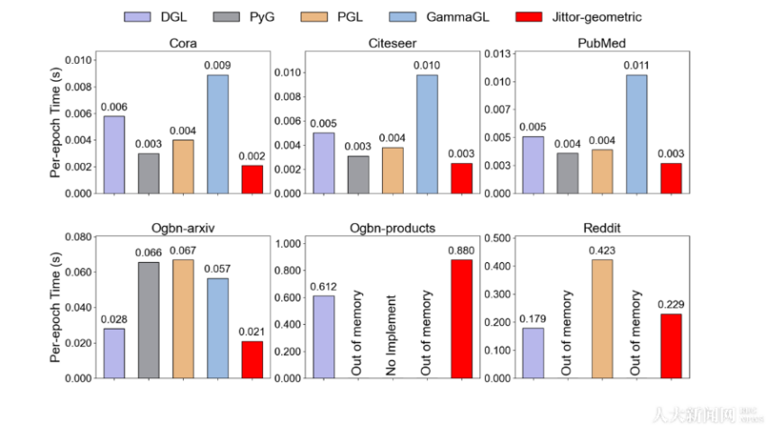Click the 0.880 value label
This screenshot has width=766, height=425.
point(462,250)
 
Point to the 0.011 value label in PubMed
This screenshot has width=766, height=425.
point(637,66)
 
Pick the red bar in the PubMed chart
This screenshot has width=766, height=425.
point(671,177)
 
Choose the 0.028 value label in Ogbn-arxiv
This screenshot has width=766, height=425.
point(114,319)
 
